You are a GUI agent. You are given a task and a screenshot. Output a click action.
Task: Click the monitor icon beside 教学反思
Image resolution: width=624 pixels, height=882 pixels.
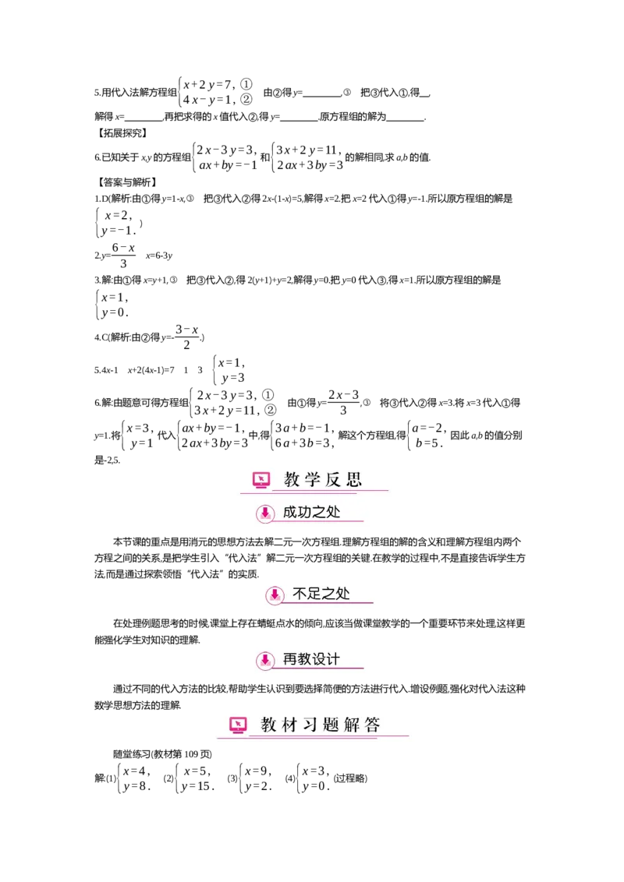pyautogui.click(x=261, y=480)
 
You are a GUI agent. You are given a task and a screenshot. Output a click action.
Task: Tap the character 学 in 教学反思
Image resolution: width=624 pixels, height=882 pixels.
pyautogui.click(x=313, y=479)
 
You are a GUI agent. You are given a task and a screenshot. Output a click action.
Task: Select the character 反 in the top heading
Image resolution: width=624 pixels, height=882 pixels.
pyautogui.click(x=334, y=479)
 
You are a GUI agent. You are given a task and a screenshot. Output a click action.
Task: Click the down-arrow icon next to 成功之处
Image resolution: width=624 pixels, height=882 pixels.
pyautogui.click(x=265, y=513)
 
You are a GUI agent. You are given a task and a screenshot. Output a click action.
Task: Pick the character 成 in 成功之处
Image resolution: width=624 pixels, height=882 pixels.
pyautogui.click(x=290, y=512)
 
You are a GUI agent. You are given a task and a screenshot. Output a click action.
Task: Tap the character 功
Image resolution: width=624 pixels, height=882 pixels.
pyautogui.click(x=305, y=512)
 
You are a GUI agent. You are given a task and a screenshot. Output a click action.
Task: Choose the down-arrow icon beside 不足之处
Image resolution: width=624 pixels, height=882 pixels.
pyautogui.click(x=275, y=594)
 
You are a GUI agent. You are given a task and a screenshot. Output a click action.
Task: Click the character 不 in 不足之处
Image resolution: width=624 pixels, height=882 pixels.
pyautogui.click(x=300, y=594)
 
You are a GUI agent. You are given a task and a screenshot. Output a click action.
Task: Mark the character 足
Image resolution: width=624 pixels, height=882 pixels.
pyautogui.click(x=314, y=594)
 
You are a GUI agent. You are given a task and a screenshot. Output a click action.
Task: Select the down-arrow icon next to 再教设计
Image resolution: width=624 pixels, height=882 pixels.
pyautogui.click(x=265, y=660)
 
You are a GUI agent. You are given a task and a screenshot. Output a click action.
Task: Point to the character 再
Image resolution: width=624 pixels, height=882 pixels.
pyautogui.click(x=290, y=659)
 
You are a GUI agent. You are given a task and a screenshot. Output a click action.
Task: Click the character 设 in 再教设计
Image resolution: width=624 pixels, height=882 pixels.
pyautogui.click(x=319, y=659)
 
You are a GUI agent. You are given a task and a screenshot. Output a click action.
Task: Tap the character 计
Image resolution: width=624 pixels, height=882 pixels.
pyautogui.click(x=333, y=659)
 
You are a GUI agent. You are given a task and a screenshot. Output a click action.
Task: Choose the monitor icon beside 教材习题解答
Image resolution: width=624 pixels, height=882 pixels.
pyautogui.click(x=238, y=725)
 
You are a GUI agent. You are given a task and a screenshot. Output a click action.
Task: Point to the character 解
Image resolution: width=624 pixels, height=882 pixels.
pyautogui.click(x=352, y=725)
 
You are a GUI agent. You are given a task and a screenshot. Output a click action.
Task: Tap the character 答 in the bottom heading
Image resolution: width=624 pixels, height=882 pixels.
pyautogui.click(x=372, y=725)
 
